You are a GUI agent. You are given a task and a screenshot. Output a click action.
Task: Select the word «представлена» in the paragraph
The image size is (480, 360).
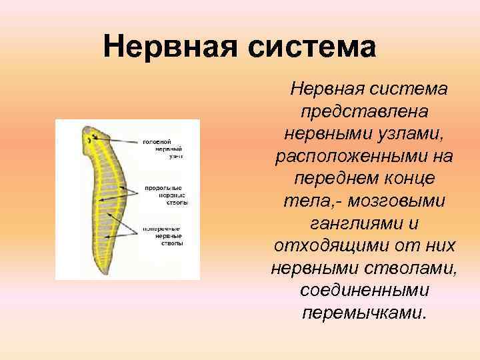tap(365, 111)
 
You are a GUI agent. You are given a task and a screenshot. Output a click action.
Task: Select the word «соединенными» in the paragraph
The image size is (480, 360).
tap(365, 291)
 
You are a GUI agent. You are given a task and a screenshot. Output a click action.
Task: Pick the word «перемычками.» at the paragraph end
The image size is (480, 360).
tap(365, 313)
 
